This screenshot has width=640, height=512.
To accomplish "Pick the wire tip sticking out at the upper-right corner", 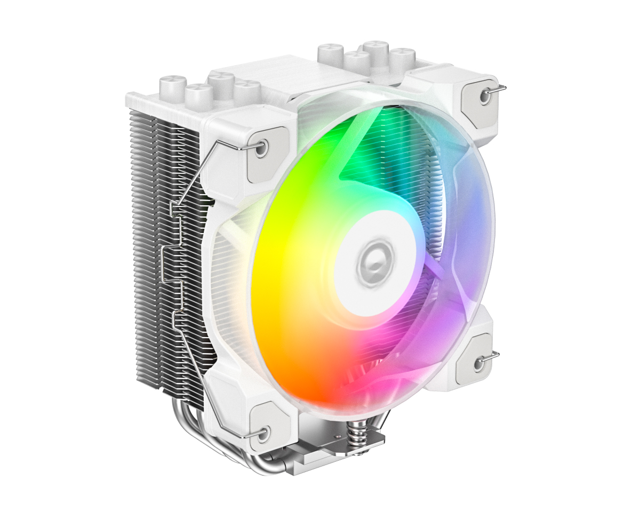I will [x=502, y=86].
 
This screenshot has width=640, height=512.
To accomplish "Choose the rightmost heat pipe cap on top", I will [x=402, y=59].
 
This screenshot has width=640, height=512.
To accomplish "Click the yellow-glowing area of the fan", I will [x=277, y=277].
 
